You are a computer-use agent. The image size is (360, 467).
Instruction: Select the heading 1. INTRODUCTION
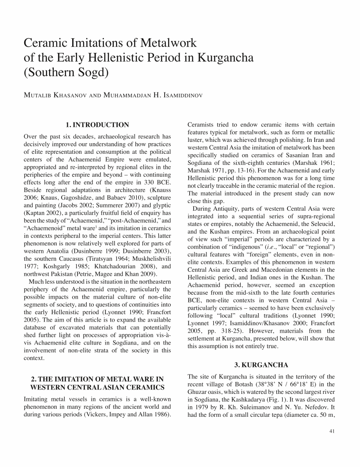click(97, 125)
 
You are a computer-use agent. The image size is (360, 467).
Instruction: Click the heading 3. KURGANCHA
click(261, 365)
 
